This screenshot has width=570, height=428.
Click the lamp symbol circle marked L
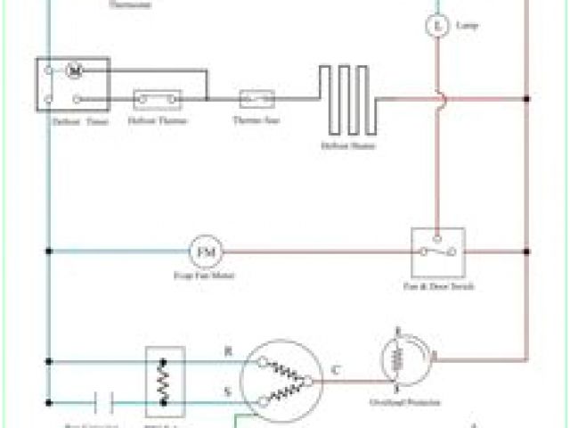(x=436, y=27)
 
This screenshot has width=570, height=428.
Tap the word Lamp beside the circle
(x=468, y=26)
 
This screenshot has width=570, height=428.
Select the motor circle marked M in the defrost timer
(x=75, y=69)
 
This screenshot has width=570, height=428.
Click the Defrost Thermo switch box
(x=157, y=99)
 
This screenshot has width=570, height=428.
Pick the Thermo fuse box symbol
(x=256, y=99)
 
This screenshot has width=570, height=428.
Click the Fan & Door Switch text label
(x=437, y=287)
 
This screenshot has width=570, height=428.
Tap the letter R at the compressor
(x=228, y=351)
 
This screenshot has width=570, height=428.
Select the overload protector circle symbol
(x=398, y=358)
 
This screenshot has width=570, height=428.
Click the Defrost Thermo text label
(x=157, y=120)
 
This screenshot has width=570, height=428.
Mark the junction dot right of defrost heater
(x=527, y=99)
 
